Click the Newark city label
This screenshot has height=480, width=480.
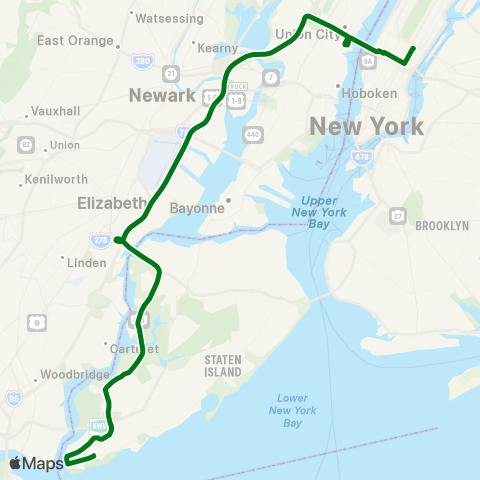[x=161, y=95]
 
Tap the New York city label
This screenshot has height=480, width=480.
[x=366, y=126]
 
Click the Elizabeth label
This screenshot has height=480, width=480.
[x=111, y=203]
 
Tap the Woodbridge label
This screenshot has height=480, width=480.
[x=74, y=375]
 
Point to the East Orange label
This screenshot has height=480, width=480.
[x=73, y=40]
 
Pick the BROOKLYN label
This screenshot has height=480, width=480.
[x=441, y=226]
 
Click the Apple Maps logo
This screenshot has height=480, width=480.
[x=36, y=462]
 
